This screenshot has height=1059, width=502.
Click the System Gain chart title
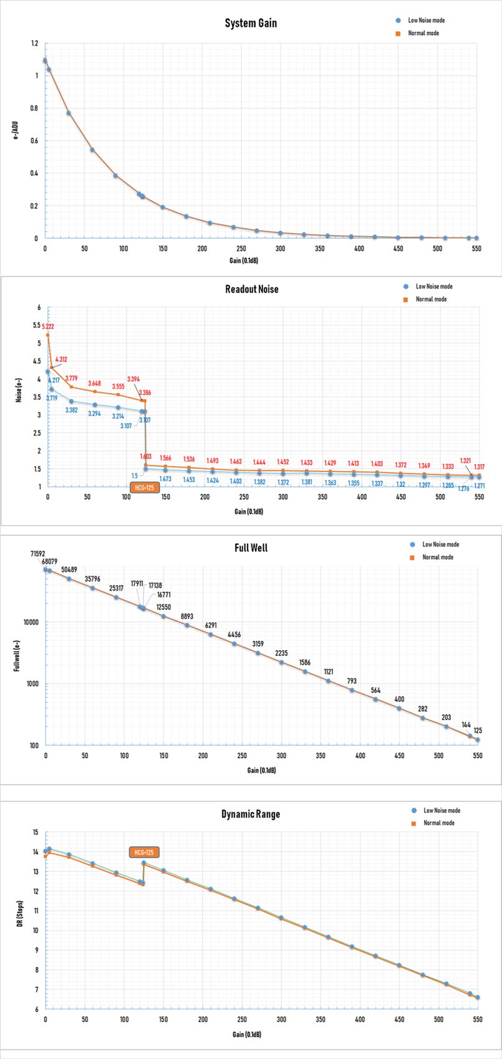(x=251, y=23)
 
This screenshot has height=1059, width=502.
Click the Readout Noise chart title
(x=251, y=289)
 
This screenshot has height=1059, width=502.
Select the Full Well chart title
(x=251, y=548)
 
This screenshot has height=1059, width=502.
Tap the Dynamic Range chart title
(x=251, y=814)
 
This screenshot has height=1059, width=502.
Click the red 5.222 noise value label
(x=48, y=326)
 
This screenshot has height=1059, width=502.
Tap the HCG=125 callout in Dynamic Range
(x=143, y=852)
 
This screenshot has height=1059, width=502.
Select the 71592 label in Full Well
(x=39, y=553)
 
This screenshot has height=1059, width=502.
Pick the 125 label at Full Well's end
(x=478, y=730)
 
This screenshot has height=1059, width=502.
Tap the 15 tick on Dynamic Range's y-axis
(x=35, y=832)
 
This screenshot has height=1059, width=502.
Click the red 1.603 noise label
(x=145, y=457)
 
